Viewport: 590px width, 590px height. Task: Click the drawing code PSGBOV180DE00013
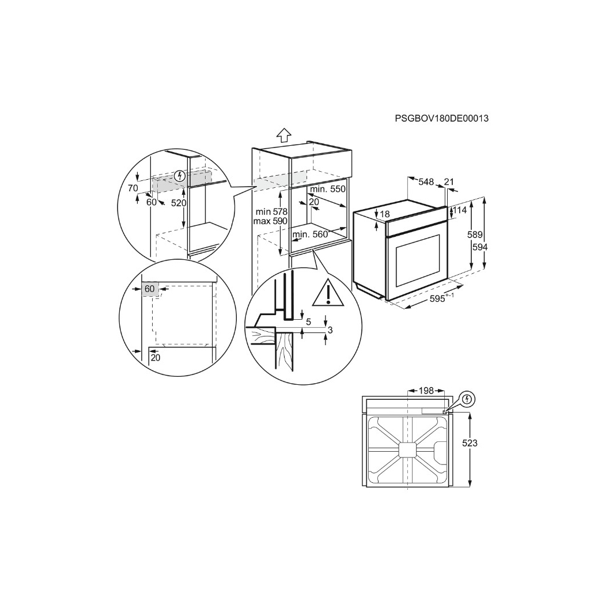(442, 119)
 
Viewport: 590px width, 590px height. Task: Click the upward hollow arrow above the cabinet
(283, 135)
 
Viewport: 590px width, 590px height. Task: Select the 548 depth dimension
(426, 182)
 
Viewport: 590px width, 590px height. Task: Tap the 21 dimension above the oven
(449, 182)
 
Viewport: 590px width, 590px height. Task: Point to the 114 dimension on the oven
(459, 211)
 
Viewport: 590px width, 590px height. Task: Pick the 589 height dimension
(474, 235)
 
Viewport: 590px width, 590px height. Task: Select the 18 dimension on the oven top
(385, 214)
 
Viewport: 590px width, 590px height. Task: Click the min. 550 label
(327, 190)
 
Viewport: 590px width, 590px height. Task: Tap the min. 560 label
(309, 234)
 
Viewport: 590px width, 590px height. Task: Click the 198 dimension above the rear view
(426, 391)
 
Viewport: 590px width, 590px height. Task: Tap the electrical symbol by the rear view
(467, 398)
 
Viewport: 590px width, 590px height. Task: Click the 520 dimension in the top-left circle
(179, 203)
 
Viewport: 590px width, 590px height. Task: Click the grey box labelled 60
(150, 289)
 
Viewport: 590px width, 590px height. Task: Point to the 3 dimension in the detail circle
(330, 330)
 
